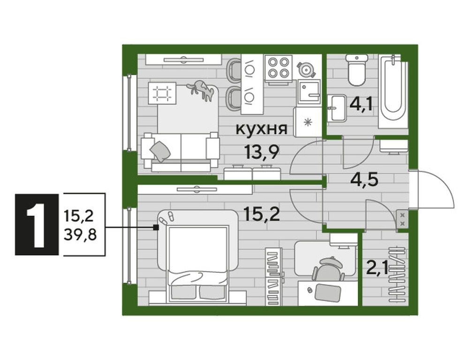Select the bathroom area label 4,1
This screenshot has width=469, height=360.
(361, 103)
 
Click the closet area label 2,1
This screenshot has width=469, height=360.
(376, 268)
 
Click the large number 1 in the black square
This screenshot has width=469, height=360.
(36, 224)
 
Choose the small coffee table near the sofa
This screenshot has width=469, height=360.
(162, 93)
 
